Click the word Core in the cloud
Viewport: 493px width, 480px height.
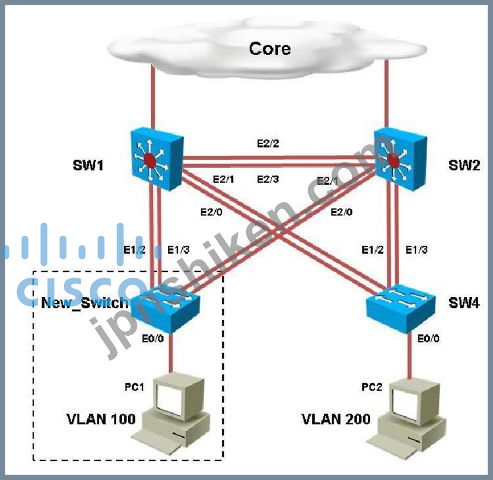coord(269,48)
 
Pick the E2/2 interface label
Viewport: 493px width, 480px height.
coord(267,143)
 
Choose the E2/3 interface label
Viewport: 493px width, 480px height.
coord(267,179)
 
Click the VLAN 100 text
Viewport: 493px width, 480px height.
coord(101,419)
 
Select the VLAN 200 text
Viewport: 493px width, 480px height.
coord(336,419)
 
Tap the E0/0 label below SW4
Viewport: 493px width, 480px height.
coord(428,339)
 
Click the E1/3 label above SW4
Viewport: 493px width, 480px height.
coord(416,249)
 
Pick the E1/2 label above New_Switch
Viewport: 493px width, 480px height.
coord(135,249)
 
